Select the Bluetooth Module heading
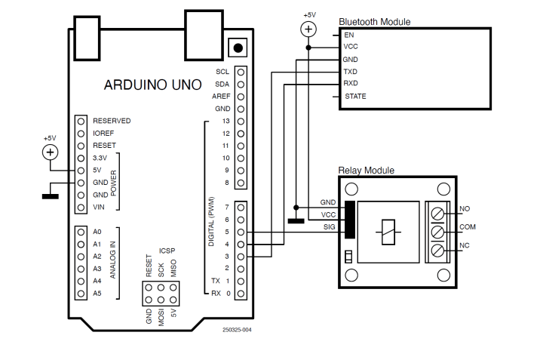[374, 22]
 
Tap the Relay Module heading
[366, 171]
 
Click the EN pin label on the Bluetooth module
[348, 35]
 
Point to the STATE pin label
[355, 97]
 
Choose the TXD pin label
[350, 72]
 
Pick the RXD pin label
[350, 84]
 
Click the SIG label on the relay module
[329, 226]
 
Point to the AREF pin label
[221, 97]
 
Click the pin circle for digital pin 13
[241, 121]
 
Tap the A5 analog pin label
[97, 293]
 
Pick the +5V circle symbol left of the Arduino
[50, 152]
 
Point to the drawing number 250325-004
[237, 330]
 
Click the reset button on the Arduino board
[239, 48]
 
